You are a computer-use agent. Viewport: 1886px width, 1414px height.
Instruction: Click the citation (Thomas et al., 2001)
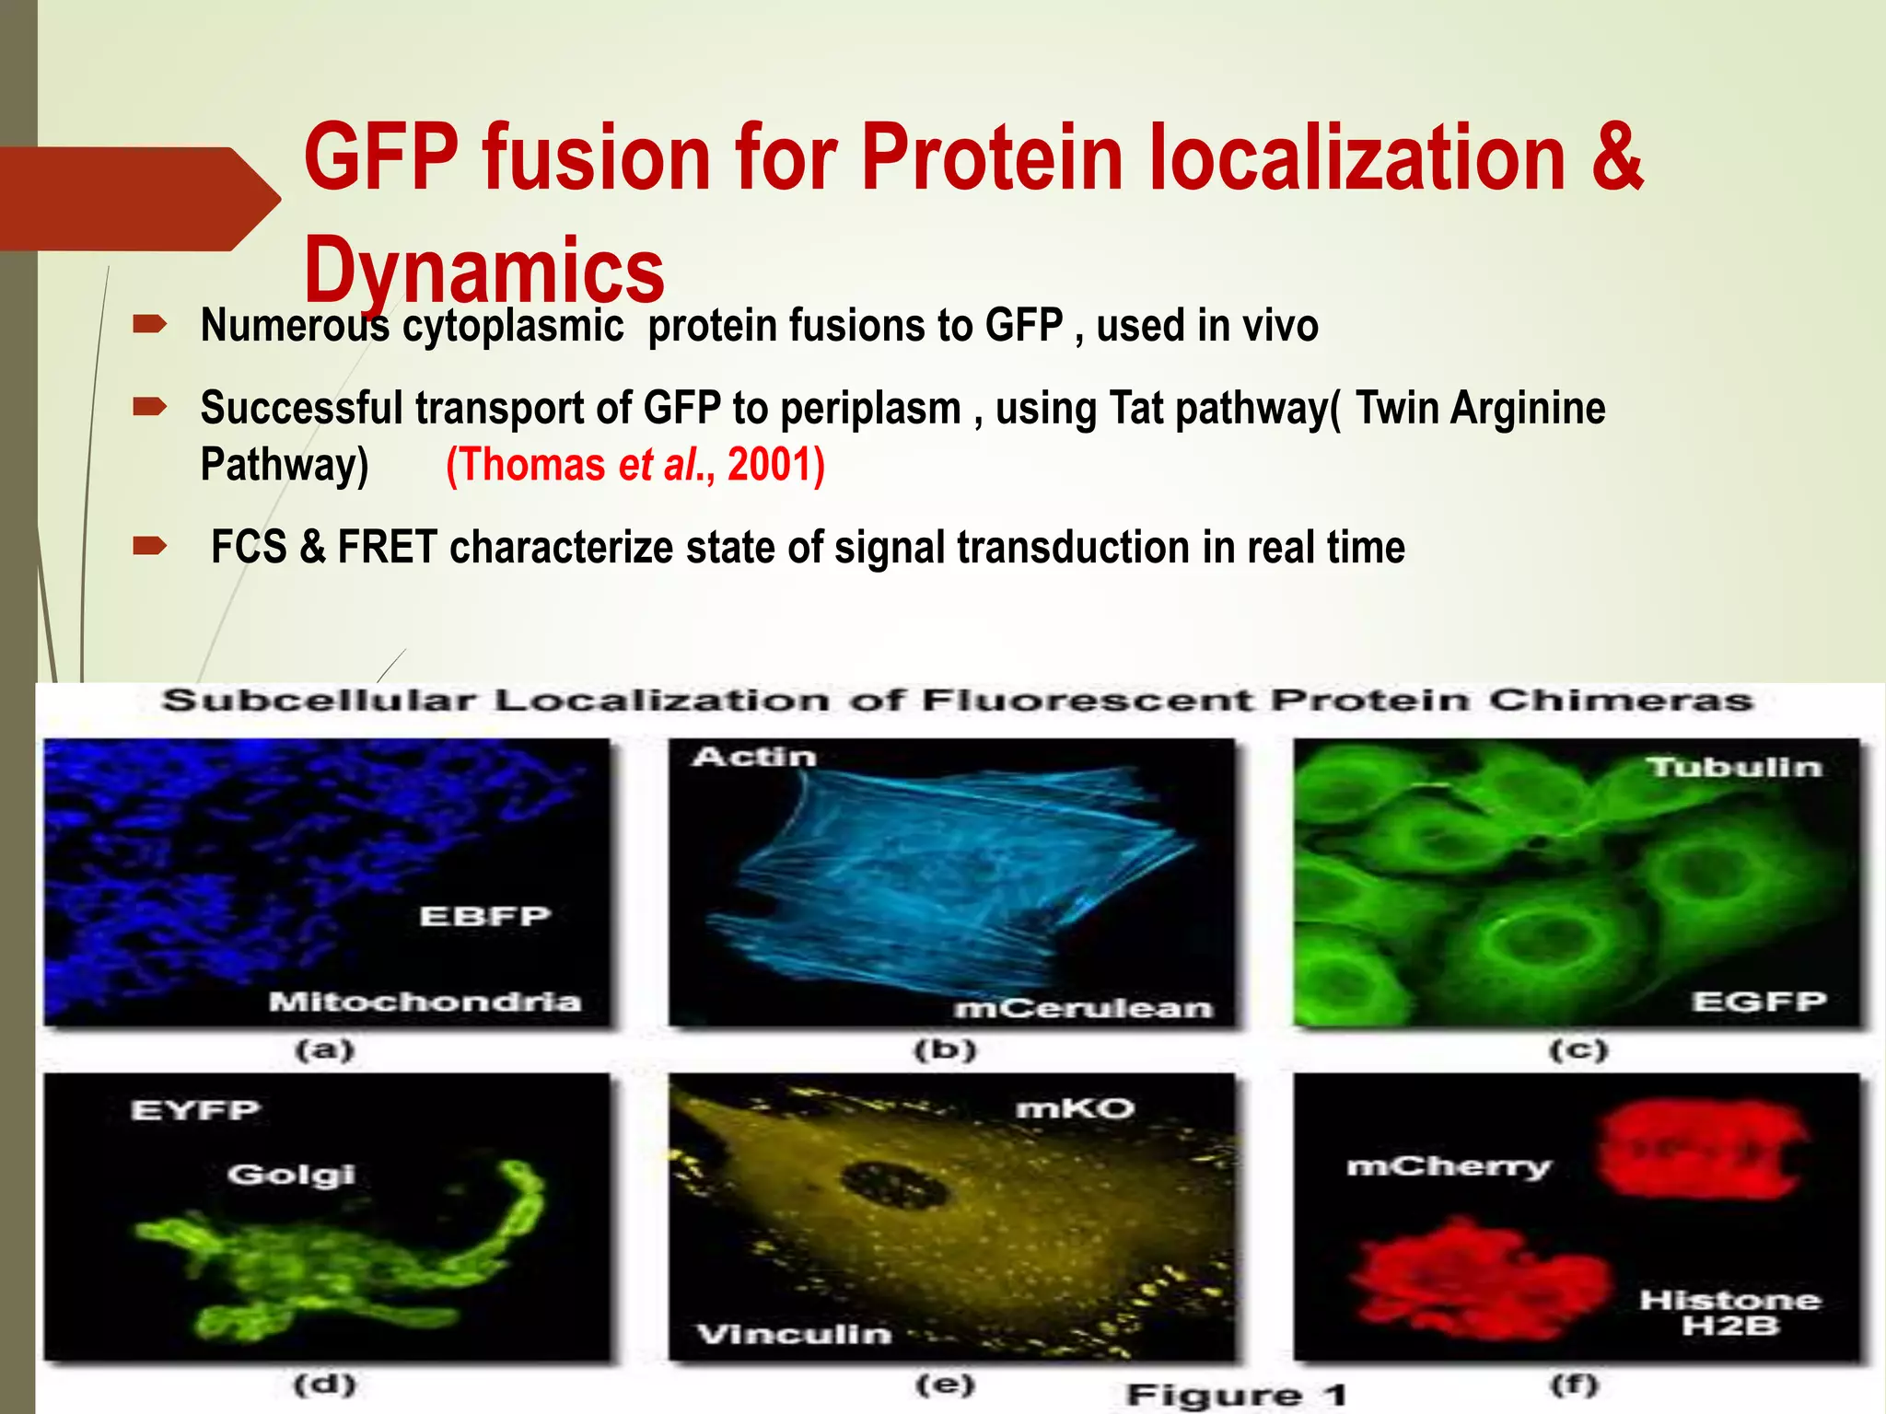[x=635, y=464]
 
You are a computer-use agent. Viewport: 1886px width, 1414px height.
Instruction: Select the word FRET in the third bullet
[x=387, y=547]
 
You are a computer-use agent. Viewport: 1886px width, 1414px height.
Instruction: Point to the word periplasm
[x=870, y=408]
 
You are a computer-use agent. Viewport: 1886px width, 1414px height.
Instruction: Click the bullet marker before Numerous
[x=149, y=324]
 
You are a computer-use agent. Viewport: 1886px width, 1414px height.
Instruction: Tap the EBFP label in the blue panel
[x=485, y=916]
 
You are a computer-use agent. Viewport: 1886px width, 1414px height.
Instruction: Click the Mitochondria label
[x=425, y=1002]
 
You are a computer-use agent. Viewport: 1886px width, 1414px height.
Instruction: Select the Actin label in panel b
[x=754, y=757]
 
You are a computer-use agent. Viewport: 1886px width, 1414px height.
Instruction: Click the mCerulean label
[x=1083, y=1009]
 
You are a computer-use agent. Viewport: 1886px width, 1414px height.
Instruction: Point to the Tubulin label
[x=1734, y=767]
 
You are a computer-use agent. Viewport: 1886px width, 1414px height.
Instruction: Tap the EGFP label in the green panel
[x=1759, y=1002]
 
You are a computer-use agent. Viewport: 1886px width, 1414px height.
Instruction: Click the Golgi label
[x=291, y=1175]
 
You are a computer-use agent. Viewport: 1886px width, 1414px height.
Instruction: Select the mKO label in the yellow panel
[x=1075, y=1108]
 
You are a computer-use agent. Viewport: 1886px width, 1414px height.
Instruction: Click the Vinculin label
[x=794, y=1334]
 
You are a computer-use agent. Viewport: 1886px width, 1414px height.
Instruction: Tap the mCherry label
[x=1449, y=1167]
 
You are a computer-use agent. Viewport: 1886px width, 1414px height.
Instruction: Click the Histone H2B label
[x=1729, y=1313]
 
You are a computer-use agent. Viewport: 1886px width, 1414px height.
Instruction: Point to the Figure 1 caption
[x=1237, y=1395]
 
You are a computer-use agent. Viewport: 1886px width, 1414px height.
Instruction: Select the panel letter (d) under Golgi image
[x=324, y=1384]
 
